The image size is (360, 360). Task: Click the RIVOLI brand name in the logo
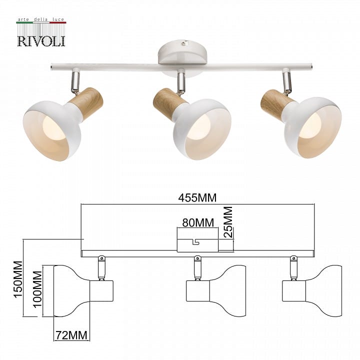(41, 41)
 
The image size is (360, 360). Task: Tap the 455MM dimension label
(197, 198)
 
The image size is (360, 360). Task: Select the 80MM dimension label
(198, 222)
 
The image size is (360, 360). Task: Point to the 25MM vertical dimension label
(228, 222)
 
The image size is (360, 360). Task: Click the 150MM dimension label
(18, 279)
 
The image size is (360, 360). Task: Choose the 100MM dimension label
(37, 289)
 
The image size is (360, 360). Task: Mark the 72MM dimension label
(71, 335)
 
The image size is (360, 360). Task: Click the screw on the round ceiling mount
(183, 42)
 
